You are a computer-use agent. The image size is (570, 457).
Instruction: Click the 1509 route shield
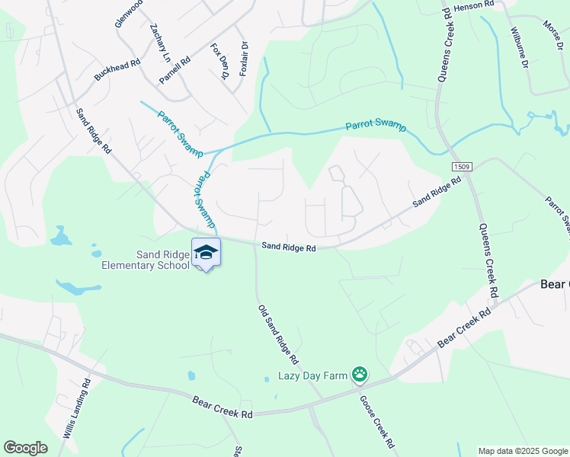(x=460, y=167)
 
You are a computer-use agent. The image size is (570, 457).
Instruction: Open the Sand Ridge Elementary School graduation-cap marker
(x=206, y=252)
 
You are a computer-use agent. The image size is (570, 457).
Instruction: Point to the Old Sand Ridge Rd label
(x=277, y=334)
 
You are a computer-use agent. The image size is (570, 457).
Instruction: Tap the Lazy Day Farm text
(x=312, y=375)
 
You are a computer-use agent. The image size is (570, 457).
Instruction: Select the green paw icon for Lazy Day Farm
(x=359, y=374)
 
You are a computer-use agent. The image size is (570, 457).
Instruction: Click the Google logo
(x=25, y=448)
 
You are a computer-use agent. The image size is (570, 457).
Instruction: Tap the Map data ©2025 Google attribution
(x=523, y=451)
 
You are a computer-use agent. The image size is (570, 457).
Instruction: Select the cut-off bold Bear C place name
(x=554, y=283)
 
